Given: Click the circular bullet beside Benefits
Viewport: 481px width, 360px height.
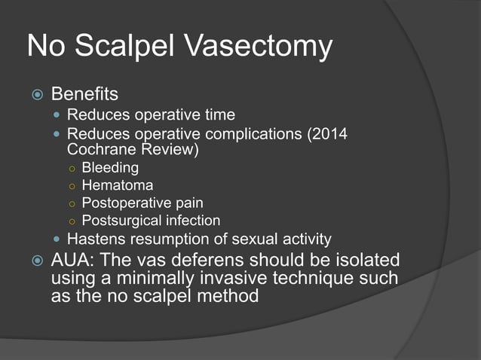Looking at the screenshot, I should click(35, 96).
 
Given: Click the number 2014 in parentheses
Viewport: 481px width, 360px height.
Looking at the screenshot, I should click(332, 134).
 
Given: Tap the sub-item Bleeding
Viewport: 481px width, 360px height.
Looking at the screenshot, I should click(110, 167).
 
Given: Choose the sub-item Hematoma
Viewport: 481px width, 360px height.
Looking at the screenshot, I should click(117, 185).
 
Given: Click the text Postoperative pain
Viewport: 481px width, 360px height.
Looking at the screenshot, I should click(142, 203).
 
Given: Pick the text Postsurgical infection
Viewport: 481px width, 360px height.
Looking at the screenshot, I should click(151, 221).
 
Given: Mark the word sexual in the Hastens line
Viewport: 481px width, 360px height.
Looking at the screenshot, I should click(256, 240).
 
